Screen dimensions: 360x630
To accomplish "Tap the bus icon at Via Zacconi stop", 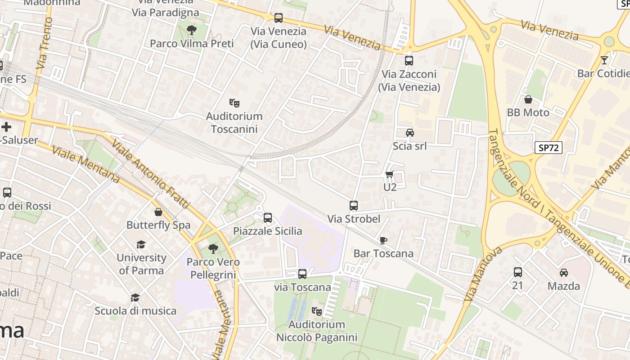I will click(409, 61).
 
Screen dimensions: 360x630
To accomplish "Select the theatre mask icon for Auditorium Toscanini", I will click(234, 103).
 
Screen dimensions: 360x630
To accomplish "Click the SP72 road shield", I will click(549, 147).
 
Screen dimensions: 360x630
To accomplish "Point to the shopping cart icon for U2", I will click(390, 174).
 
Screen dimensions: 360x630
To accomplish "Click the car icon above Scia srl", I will click(409, 133).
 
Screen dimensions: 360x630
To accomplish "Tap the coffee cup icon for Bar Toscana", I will click(383, 240).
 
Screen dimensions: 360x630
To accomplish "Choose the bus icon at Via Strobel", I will click(354, 206).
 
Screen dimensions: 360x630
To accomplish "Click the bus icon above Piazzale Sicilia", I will click(268, 218).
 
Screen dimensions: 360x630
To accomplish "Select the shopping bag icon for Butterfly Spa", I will click(158, 212).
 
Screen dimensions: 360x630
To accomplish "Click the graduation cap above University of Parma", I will click(141, 244).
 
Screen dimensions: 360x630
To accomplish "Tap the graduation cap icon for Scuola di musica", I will click(135, 297).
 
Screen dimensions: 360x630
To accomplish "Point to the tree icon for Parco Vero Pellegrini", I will click(213, 248).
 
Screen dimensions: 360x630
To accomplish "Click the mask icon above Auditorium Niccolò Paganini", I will click(317, 311).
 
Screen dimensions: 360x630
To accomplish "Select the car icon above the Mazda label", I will click(563, 272).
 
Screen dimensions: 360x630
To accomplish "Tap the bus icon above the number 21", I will click(518, 272).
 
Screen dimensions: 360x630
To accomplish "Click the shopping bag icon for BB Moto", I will click(528, 99).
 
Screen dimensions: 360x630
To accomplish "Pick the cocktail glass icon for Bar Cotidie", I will click(604, 60).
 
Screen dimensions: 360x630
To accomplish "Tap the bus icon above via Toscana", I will click(302, 274).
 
